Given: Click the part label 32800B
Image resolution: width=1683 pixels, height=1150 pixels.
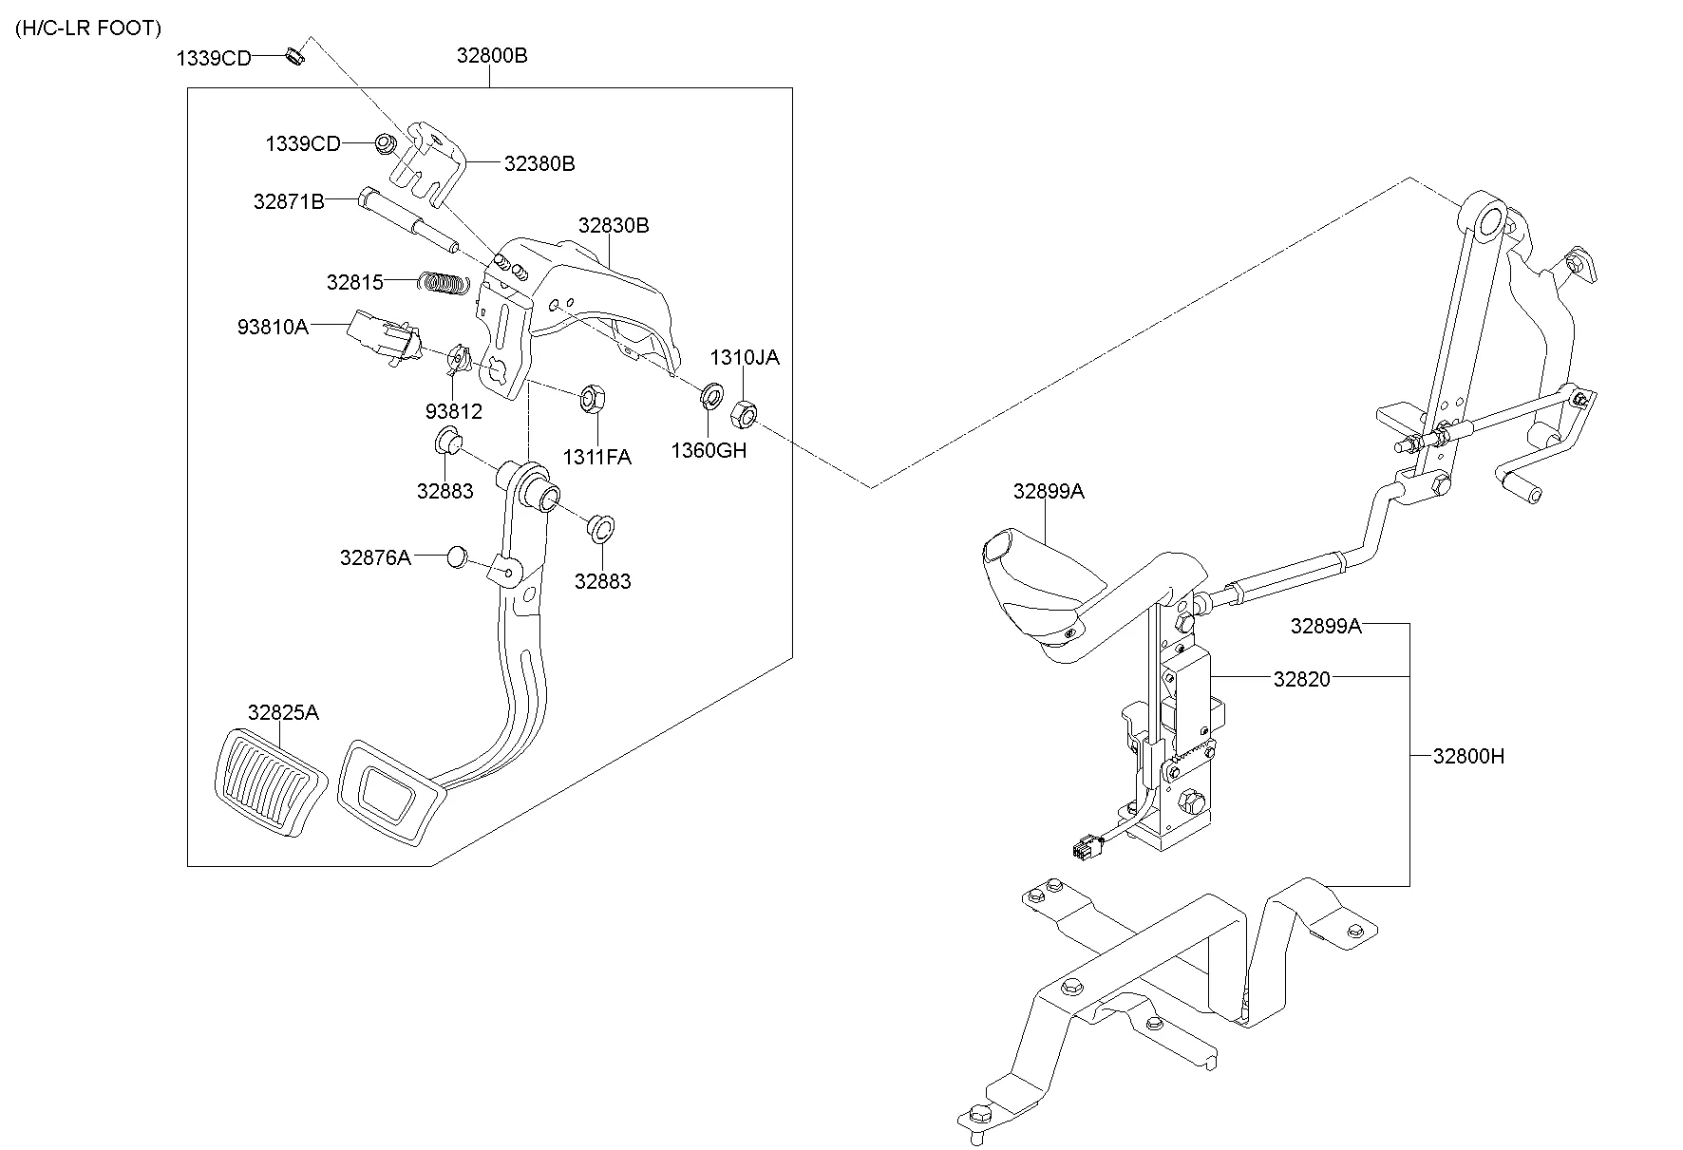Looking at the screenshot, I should click(x=491, y=55).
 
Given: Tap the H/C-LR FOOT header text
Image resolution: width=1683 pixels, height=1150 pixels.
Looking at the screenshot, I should click(x=88, y=28).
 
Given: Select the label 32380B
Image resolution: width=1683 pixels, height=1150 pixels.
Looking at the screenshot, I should click(x=539, y=163).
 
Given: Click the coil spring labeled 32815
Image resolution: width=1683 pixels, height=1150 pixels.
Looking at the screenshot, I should click(x=444, y=282).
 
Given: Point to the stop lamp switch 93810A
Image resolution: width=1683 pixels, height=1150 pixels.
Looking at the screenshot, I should click(x=382, y=337).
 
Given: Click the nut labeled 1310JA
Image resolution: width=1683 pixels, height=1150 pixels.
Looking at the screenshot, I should click(x=743, y=413).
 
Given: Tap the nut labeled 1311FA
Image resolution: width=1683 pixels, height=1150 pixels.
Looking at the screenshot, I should click(x=588, y=398).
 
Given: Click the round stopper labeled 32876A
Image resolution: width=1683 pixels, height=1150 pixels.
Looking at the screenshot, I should click(x=458, y=556).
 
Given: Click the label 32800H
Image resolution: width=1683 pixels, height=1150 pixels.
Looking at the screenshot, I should click(x=1468, y=756).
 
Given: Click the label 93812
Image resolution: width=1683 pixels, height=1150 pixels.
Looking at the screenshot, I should click(x=453, y=411).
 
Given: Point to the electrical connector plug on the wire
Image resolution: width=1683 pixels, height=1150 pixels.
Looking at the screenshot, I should click(x=1081, y=848).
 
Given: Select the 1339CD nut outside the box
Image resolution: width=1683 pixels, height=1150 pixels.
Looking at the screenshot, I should click(x=294, y=56).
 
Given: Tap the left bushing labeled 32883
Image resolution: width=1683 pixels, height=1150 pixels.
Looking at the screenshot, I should click(x=447, y=443).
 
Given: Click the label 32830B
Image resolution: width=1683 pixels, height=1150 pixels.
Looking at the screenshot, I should click(x=614, y=225).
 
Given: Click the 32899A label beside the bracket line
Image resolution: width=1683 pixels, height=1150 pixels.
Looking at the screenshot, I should click(x=1325, y=626).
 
